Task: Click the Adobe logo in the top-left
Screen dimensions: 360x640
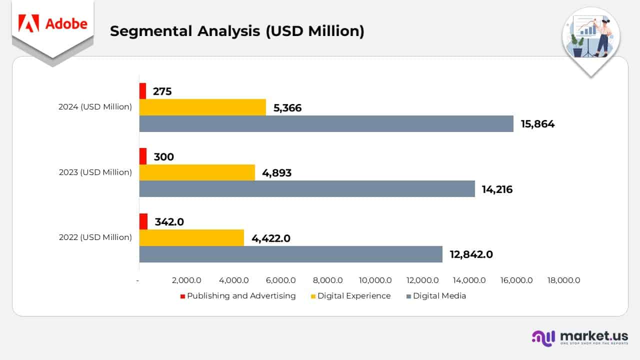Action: pos(52,23)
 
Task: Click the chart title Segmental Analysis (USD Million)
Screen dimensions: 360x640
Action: pos(237,31)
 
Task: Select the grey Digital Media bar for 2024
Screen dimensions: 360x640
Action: pos(326,124)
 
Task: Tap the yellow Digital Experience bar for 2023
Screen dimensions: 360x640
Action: pos(197,172)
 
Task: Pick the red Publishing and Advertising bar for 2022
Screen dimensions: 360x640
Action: pos(143,221)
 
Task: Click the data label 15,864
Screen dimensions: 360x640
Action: pos(537,124)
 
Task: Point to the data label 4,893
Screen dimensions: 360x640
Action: pos(273,173)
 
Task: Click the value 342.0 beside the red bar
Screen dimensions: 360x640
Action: pos(169,221)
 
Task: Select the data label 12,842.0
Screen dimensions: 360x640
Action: pos(471,254)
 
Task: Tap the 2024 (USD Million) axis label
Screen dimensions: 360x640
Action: pos(95,107)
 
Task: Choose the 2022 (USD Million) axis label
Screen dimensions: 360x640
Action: pos(95,237)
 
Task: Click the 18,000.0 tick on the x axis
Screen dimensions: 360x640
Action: pos(563,280)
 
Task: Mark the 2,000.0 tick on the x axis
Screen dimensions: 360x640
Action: pos(186,280)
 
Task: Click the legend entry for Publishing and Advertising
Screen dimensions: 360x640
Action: pos(238,296)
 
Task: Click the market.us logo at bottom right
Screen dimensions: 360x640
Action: pos(580,337)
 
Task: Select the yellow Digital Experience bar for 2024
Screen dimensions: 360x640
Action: pos(202,107)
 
